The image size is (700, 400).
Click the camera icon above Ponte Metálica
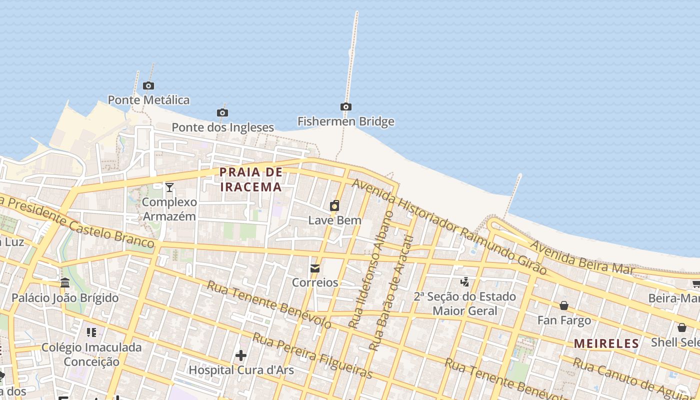tap(148, 85)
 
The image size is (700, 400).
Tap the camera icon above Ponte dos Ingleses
tap(222, 112)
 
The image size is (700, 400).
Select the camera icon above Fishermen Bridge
tap(345, 106)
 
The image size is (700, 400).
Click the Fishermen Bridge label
tap(345, 121)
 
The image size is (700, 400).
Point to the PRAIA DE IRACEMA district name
tap(251, 179)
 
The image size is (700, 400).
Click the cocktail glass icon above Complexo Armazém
tap(169, 187)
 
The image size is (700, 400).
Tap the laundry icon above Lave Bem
tap(334, 205)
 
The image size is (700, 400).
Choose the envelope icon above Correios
tap(315, 268)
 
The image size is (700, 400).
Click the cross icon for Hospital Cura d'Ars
tap(241, 355)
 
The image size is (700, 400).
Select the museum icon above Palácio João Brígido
tap(65, 283)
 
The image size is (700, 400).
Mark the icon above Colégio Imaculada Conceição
tap(91, 332)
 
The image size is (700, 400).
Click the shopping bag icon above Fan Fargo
tap(564, 305)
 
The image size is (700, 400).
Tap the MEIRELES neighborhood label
tap(606, 343)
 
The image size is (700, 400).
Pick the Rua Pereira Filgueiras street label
tap(312, 355)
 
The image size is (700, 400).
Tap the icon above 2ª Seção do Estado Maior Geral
tap(465, 282)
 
